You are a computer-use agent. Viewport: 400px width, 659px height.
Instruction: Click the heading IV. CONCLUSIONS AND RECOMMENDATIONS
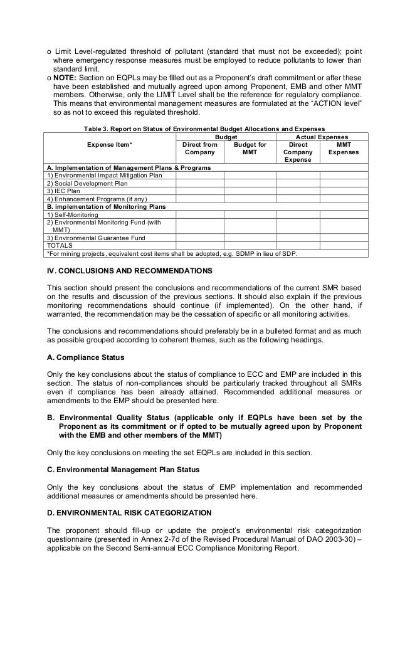click(130, 271)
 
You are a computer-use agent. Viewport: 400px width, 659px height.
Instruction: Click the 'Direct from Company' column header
click(200, 148)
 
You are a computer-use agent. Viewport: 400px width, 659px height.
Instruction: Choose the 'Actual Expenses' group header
click(322, 136)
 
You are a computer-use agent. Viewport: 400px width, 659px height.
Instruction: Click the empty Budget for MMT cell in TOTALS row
click(250, 246)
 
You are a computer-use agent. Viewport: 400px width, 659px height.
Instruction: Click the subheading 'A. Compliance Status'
click(86, 357)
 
